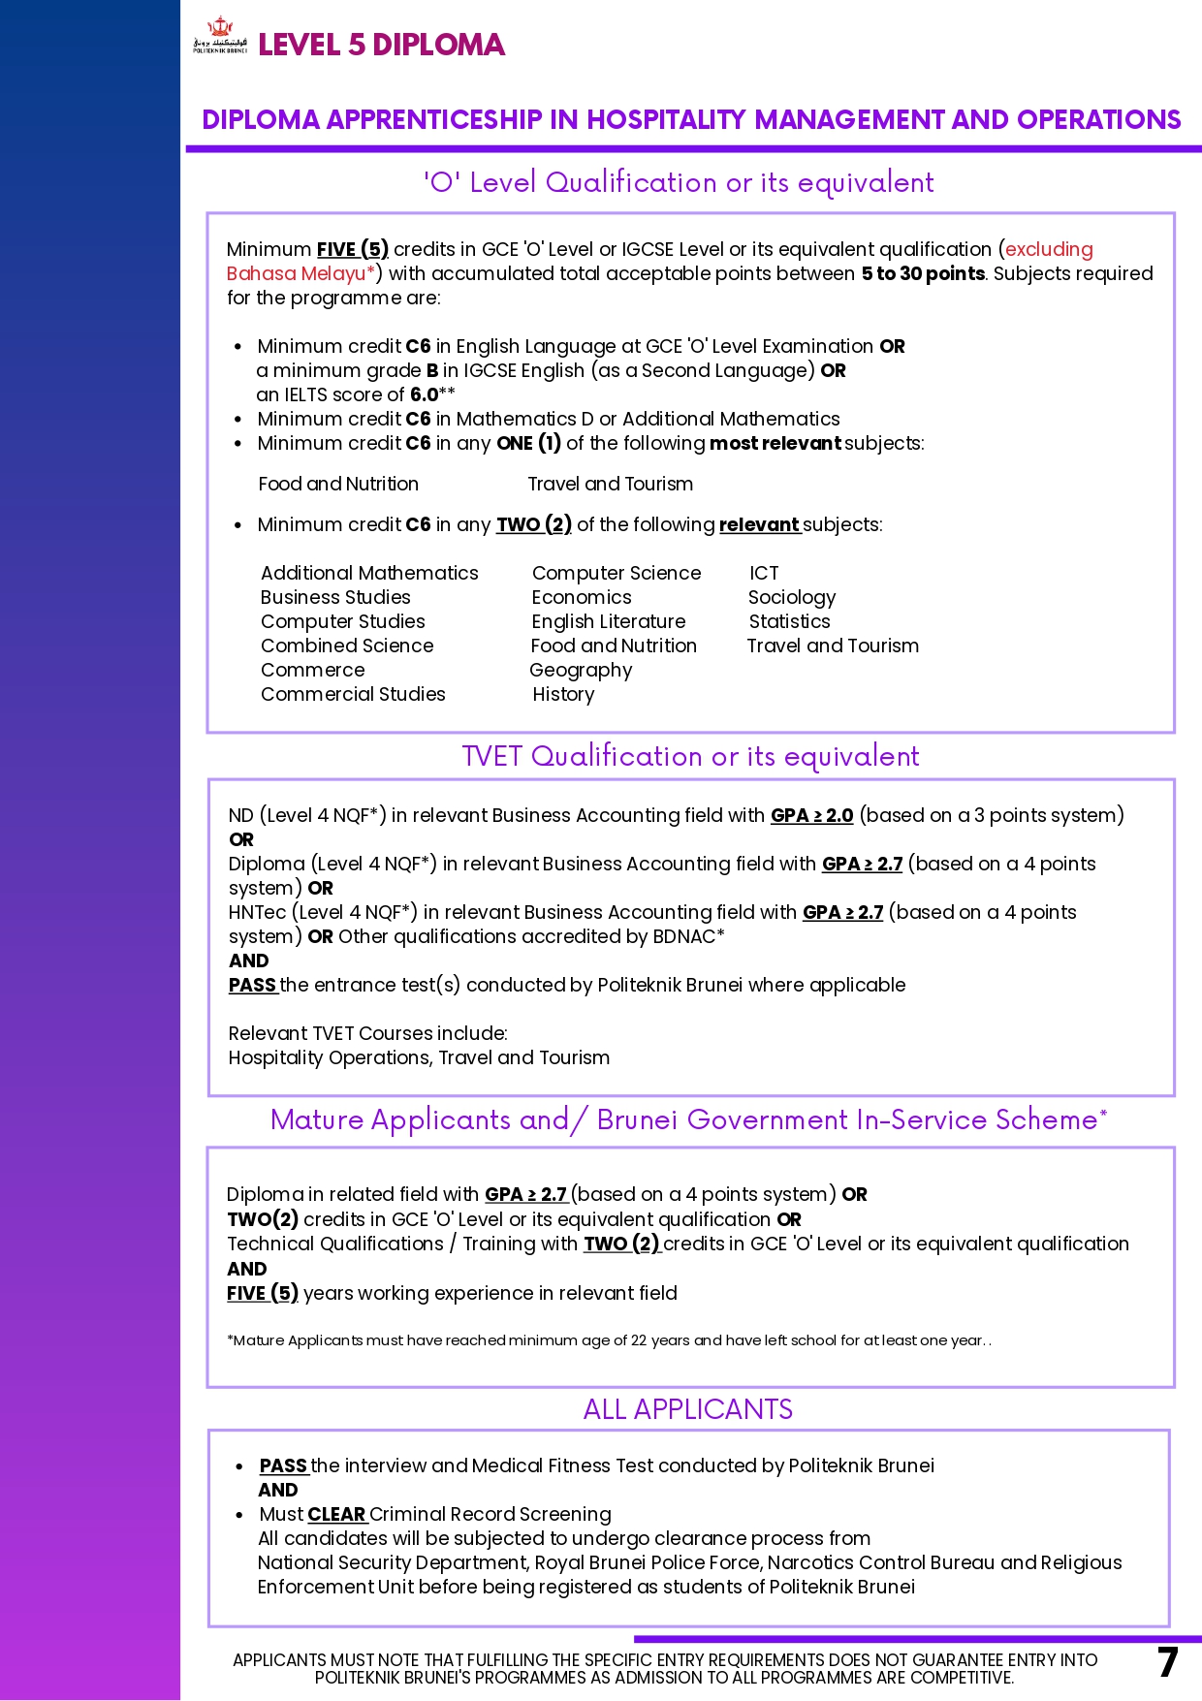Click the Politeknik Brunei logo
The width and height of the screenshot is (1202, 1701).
coord(220,37)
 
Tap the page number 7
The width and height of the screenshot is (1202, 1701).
coord(1167,1662)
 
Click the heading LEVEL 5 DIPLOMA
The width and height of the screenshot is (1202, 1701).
coord(381,45)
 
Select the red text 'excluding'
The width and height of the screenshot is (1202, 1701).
coord(1049,249)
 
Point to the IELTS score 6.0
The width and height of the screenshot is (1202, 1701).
coord(425,394)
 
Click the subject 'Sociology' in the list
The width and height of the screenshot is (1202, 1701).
coord(791,597)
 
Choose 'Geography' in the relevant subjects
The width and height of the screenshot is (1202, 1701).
coord(581,670)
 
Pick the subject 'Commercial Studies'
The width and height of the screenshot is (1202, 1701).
coord(353,694)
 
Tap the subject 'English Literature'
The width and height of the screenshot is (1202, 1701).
coord(608,621)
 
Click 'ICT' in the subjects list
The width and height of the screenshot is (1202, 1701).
coord(764,573)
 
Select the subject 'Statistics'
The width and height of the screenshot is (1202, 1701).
coord(789,621)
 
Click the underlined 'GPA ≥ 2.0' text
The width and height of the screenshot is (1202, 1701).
coord(811,815)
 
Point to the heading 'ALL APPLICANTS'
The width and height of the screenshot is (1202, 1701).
coord(687,1409)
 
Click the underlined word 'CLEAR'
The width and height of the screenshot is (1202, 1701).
coord(336,1514)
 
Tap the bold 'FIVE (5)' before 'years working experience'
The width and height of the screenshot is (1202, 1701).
coord(263,1293)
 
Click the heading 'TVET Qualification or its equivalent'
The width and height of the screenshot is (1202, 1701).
coord(690,756)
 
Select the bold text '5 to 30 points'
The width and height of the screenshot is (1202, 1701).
coord(923,273)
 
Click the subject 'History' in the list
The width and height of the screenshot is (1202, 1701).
coord(563,694)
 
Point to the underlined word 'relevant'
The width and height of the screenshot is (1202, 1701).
coord(759,524)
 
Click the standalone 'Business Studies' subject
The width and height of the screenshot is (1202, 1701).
coord(335,597)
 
